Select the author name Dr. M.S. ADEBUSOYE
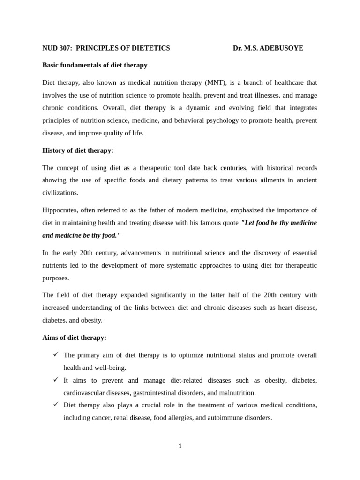point(268,48)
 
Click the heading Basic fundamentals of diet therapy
point(95,65)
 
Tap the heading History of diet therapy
point(78,150)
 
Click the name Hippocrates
point(60,210)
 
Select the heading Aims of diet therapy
point(74,337)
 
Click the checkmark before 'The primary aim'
point(55,354)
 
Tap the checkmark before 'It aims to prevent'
point(55,379)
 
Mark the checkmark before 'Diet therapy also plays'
point(55,404)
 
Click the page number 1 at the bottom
point(180,446)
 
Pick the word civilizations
point(60,193)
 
